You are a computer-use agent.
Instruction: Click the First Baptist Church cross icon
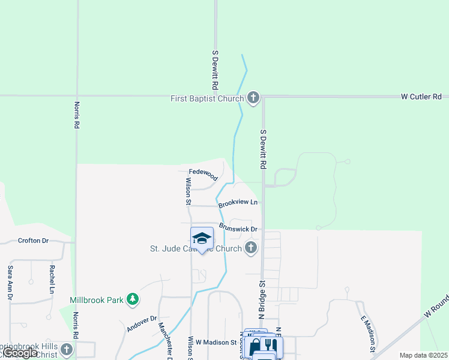coord(253,98)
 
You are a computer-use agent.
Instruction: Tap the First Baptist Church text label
coord(207,98)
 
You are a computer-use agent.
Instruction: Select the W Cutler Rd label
coord(421,97)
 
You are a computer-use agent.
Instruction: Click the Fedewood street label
coord(203,174)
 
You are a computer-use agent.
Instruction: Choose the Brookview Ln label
coord(238,203)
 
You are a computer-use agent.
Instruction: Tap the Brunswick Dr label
coord(238,228)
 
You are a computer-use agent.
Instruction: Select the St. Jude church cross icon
coord(252,247)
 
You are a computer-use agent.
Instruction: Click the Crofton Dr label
coord(33,241)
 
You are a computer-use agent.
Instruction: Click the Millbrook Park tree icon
coord(133,299)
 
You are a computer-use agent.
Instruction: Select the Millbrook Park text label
coord(96,299)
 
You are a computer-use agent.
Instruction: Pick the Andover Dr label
coord(142,324)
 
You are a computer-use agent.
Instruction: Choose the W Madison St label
coord(216,342)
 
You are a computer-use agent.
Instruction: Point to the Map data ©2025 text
coord(423,355)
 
